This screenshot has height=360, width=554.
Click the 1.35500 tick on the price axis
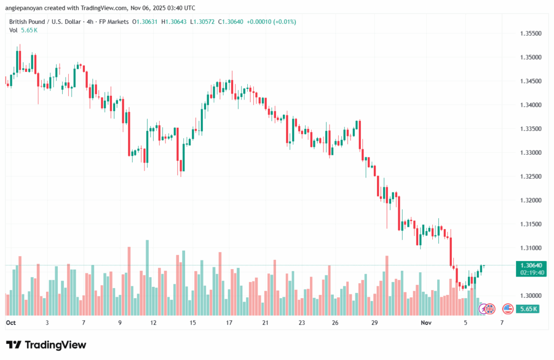[531, 34]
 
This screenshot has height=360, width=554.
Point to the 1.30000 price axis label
[531, 296]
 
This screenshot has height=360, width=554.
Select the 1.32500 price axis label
[531, 176]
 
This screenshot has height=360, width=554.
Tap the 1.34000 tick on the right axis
[531, 105]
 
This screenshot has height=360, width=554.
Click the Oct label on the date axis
[10, 322]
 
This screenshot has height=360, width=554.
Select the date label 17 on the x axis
[229, 322]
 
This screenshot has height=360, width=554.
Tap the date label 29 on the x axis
[374, 322]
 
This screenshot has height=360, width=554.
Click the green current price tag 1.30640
[531, 265]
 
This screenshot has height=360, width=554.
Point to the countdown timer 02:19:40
[531, 273]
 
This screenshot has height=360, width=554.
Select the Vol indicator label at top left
[14, 30]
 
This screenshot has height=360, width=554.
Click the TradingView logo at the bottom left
[46, 345]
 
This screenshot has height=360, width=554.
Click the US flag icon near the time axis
[507, 309]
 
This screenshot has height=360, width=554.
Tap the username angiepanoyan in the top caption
[25, 8]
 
